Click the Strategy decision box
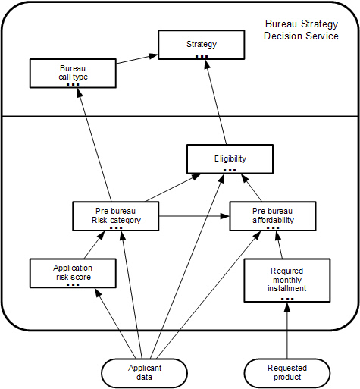tap(202, 45)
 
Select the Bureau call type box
tap(73, 74)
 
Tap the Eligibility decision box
tap(230, 159)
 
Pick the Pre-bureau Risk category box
tap(116, 216)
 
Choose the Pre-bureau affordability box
tap(273, 216)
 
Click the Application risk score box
tap(73, 273)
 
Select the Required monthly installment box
tap(287, 281)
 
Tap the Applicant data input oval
tap(145, 373)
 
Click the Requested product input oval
tap(287, 373)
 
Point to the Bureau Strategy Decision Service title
tap(301, 30)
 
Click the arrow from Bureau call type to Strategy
tap(137, 59)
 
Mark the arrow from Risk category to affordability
tap(194, 216)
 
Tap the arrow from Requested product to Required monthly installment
tap(287, 331)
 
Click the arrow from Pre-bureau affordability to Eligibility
tap(252, 187)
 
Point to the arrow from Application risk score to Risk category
tap(94, 245)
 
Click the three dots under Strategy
tap(202, 56)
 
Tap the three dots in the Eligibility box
tap(230, 171)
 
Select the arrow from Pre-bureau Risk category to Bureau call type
tap(95, 145)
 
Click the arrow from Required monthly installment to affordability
tap(280, 245)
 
